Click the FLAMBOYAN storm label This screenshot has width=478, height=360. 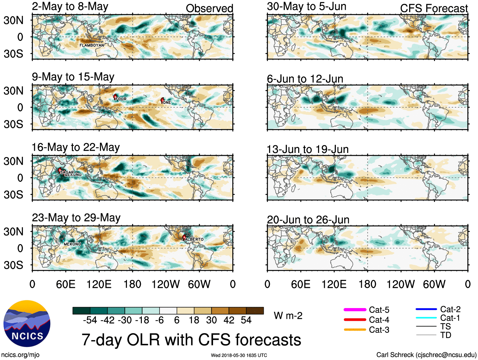tap(91, 45)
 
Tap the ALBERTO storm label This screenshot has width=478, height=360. tap(194, 239)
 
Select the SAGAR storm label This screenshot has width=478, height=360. tap(67, 172)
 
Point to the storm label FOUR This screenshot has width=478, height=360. tap(121, 99)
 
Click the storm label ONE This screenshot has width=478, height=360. tap(167, 102)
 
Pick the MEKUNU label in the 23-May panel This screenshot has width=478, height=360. tap(72, 244)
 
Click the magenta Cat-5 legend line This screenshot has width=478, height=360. tap(355, 310)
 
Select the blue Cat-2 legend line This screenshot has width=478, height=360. tap(426, 309)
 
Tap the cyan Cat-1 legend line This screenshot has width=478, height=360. tap(426, 318)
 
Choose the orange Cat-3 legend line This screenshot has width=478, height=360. tap(355, 330)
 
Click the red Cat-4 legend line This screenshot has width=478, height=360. tap(355, 320)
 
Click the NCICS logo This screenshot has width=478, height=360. tap(27, 323)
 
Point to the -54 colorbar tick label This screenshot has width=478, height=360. tap(90, 320)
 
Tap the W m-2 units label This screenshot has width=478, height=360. tap(288, 316)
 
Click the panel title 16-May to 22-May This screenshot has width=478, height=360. tap(76, 147)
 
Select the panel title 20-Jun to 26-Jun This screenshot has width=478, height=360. tap(308, 219)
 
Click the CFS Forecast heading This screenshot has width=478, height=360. tap(434, 9)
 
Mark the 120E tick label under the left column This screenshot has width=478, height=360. tap(99, 284)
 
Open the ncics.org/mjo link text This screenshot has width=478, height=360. tap(20, 355)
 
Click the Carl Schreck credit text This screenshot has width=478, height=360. tap(426, 355)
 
